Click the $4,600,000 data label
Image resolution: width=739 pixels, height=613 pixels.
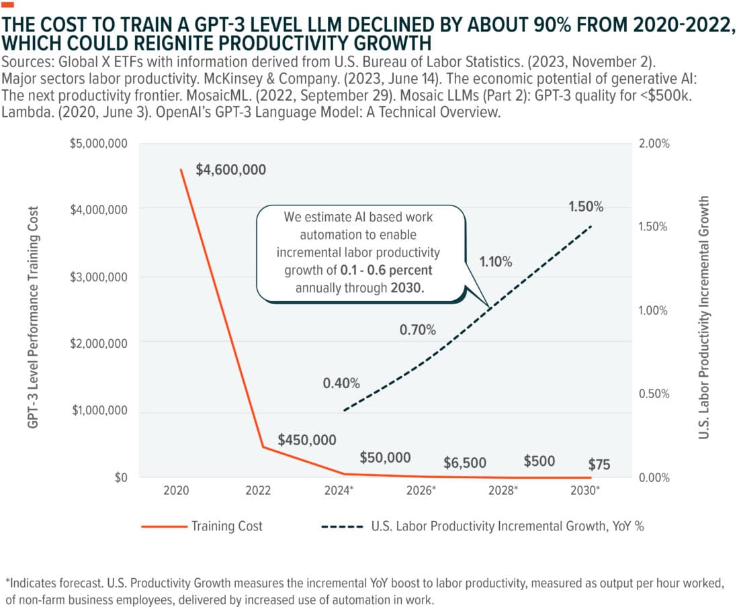tap(230, 170)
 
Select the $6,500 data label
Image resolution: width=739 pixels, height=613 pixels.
tap(464, 463)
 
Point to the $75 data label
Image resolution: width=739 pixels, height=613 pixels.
tap(599, 464)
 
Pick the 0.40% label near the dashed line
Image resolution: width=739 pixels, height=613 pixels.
tap(341, 383)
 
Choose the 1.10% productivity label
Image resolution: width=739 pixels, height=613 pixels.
tap(496, 262)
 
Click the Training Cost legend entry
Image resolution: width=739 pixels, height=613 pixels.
tap(202, 526)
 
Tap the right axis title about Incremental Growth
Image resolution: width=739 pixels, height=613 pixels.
tap(704, 317)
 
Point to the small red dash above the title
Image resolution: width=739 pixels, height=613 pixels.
tap(8, 5)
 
